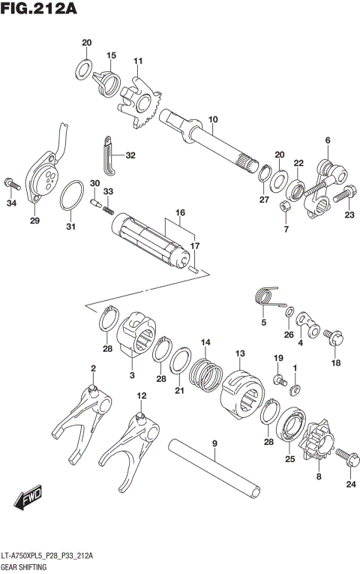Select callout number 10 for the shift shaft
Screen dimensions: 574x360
[x=213, y=119]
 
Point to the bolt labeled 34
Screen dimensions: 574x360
[x=12, y=182]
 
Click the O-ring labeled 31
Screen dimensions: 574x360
[x=71, y=197]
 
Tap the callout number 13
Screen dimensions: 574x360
[x=240, y=353]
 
